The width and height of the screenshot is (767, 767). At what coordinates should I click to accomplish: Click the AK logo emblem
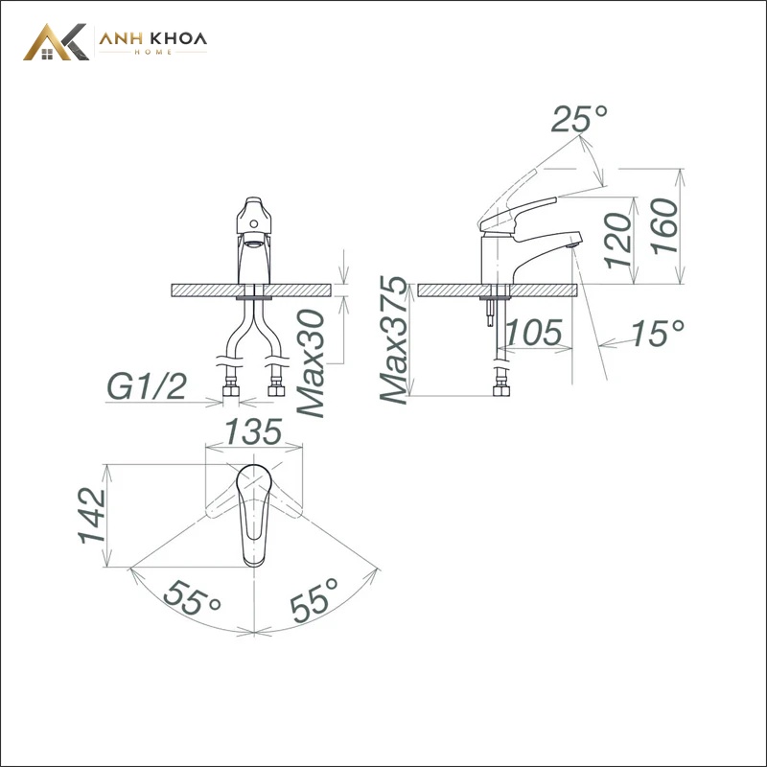click(x=56, y=42)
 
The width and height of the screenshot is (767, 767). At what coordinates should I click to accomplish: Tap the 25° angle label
click(x=579, y=118)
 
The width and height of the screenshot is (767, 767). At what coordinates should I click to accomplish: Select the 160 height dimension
click(x=665, y=226)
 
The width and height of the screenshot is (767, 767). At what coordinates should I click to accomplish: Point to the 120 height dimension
click(x=617, y=241)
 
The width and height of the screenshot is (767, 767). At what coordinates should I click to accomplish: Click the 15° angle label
click(x=657, y=333)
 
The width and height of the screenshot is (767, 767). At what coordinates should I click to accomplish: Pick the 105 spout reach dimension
click(x=534, y=333)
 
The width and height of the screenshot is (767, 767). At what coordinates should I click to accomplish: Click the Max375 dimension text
click(x=394, y=340)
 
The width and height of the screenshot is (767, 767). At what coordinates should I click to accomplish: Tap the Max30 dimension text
click(x=312, y=363)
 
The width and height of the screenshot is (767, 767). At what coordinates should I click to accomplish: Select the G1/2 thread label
click(x=147, y=387)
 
